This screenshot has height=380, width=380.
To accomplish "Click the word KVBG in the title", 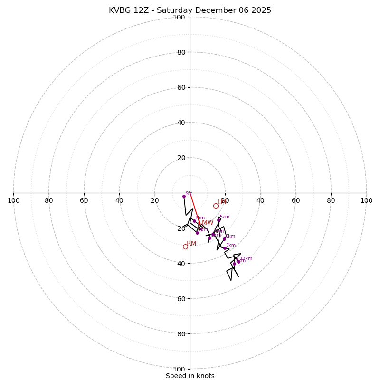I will [x=119, y=10].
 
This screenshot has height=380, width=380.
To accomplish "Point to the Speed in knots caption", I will [x=190, y=376].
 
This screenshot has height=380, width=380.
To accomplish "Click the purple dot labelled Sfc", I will [x=184, y=196].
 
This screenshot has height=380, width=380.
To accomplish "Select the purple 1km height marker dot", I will [x=194, y=221].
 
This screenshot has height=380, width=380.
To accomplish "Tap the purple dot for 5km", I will [x=218, y=220].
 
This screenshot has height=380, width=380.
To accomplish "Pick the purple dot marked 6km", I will [x=224, y=239].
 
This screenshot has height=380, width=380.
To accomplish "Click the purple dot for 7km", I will [x=225, y=248].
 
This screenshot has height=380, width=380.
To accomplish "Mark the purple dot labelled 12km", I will [x=238, y=261].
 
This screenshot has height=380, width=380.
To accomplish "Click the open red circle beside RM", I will [x=185, y=247].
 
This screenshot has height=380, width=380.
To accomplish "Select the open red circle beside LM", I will [x=216, y=206].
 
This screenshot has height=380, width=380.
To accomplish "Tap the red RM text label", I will [x=191, y=244].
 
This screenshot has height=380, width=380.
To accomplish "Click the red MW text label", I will [x=208, y=223].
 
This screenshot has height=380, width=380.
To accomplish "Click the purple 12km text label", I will [x=246, y=259].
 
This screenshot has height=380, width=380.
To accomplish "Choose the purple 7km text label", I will [x=230, y=246].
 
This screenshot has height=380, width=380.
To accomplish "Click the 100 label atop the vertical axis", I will [x=179, y=17].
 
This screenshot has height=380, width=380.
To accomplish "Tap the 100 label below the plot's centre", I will [x=179, y=369].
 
